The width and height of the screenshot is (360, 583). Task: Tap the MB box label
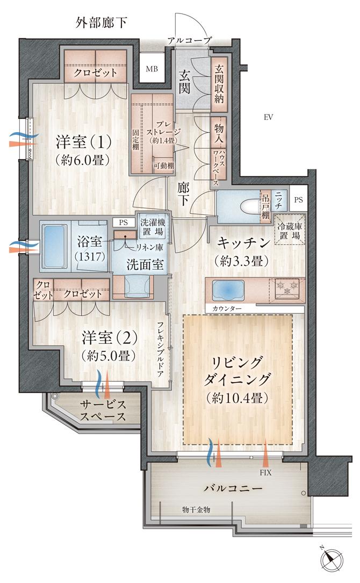point(152,68)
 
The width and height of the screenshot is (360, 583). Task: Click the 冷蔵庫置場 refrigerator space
point(290,229)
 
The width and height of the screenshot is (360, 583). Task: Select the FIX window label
point(265,473)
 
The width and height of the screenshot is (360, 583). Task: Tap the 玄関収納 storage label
point(219,84)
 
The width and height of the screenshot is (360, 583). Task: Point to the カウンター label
point(222,308)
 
